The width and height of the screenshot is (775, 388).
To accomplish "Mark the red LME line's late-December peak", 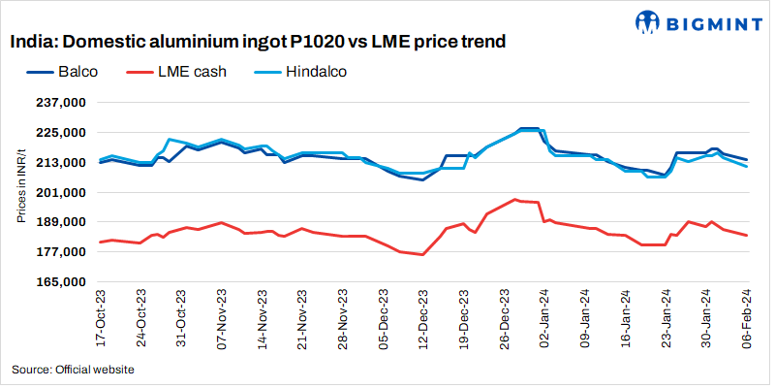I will tap(515, 199).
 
